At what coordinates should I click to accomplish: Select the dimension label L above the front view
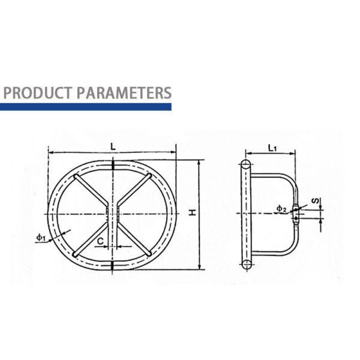click(113, 145)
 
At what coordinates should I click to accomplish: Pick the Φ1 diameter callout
click(41, 238)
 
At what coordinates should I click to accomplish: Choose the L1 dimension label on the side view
click(271, 147)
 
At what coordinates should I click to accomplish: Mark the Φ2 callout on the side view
click(281, 208)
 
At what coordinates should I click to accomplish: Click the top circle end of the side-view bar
click(245, 165)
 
